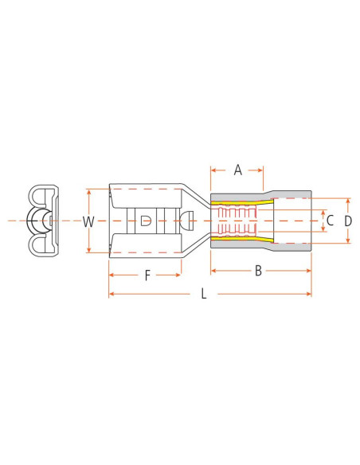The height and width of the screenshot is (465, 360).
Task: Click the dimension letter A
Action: coord(237,169)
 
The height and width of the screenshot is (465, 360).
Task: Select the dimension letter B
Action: coord(258,272)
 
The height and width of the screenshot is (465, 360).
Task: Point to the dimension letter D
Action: coord(347,220)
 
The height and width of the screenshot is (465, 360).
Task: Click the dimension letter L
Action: coord(204,294)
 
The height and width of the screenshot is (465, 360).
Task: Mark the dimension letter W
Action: coord(89,221)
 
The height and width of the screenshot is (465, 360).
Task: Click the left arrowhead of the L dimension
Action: coord(112,294)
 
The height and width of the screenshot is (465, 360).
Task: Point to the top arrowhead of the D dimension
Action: coord(347,199)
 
